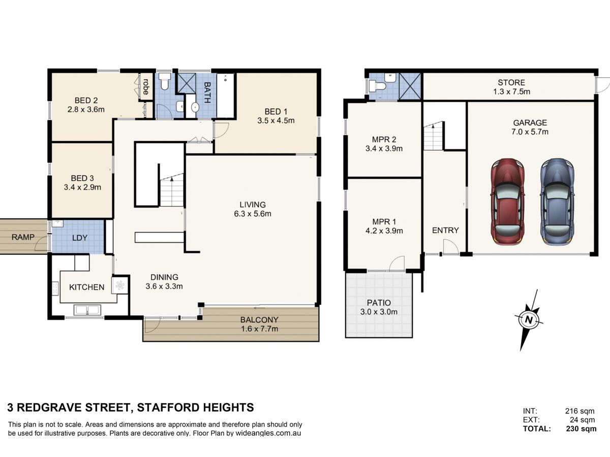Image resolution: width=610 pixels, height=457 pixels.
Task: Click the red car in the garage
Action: [x=507, y=202]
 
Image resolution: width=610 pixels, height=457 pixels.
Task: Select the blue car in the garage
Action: [x=557, y=202]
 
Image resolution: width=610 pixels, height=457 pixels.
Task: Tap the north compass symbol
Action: [x=529, y=320]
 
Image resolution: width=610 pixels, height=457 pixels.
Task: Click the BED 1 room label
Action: [x=276, y=112]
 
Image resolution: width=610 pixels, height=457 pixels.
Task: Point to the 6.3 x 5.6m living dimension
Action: [x=253, y=214]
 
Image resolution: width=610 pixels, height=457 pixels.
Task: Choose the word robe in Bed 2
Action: [x=146, y=86]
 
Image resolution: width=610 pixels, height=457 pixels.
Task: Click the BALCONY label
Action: [x=259, y=320]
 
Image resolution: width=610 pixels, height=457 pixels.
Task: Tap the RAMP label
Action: [x=23, y=237]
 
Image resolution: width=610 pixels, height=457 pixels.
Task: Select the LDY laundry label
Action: [x=80, y=238]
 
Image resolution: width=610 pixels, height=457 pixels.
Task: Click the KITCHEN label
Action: [x=87, y=287]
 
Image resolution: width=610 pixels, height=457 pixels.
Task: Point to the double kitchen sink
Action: [x=87, y=310]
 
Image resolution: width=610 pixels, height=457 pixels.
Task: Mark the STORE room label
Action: [x=511, y=82]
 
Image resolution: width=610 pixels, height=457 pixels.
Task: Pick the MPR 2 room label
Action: [x=384, y=139]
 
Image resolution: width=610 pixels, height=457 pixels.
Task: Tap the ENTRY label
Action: [x=445, y=230]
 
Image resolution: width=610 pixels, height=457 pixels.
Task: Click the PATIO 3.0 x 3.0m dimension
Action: [x=379, y=312]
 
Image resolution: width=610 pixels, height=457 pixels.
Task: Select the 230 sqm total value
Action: [x=582, y=429]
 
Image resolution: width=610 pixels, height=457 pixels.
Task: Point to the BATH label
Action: [x=207, y=92]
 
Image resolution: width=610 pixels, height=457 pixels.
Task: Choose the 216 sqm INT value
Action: [x=579, y=411]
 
